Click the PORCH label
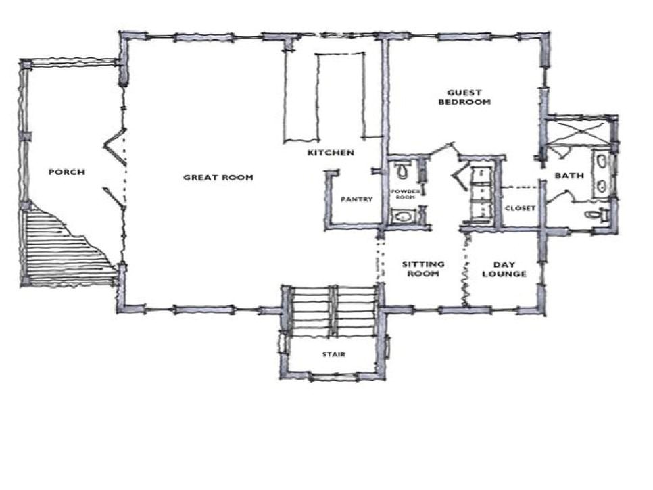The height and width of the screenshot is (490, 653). pos(66,172)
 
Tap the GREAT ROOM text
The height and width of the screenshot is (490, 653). pos(218,178)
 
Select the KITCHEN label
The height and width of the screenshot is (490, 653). pos(331,153)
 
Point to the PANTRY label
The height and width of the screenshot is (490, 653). pos(357,199)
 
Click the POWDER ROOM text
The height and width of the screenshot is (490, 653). pos(406,194)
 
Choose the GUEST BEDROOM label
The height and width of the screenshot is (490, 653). pos(464,97)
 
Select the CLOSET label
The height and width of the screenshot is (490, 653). pos(521,208)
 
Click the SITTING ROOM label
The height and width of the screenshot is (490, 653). pos(423,269)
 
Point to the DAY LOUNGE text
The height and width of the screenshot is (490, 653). pos(509,269)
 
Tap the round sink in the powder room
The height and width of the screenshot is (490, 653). pos(404,217)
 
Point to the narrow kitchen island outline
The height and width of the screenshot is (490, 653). pos(340,95)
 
